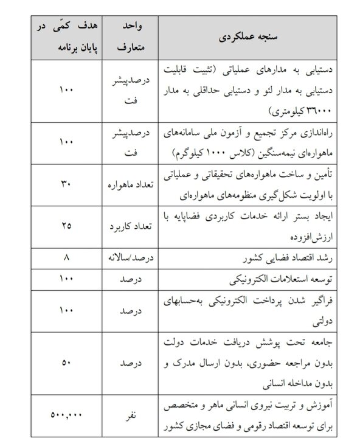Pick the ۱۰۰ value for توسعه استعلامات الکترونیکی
click(67, 279)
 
